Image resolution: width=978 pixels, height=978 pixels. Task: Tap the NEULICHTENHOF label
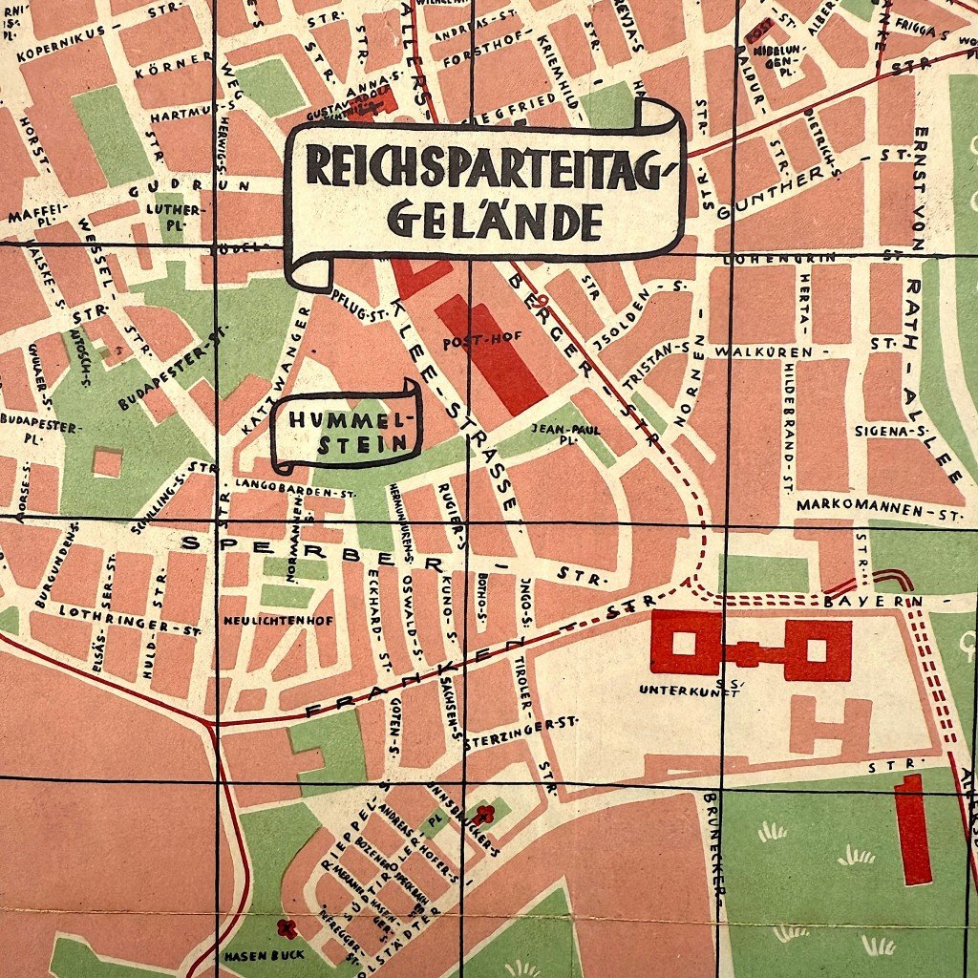278,621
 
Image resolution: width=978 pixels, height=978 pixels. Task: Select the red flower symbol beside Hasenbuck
284,925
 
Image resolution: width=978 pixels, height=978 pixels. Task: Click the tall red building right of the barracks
913,829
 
